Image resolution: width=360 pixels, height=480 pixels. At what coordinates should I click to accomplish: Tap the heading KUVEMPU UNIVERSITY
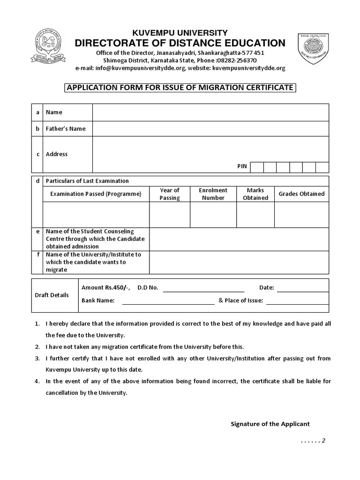[x=180, y=32]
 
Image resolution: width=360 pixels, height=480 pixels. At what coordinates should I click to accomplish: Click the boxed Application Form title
[x=180, y=87]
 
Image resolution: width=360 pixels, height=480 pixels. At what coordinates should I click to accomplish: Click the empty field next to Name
[x=210, y=112]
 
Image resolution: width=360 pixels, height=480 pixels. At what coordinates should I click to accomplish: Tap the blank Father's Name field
[x=210, y=128]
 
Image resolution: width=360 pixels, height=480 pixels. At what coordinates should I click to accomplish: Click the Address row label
[x=57, y=154]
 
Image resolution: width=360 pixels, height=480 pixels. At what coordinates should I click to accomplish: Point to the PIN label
[x=242, y=166]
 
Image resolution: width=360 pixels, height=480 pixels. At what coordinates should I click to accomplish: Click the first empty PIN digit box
[x=256, y=167]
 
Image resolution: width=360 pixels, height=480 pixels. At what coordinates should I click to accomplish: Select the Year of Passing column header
[x=169, y=194]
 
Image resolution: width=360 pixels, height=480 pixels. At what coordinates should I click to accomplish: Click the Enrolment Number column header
[x=213, y=194]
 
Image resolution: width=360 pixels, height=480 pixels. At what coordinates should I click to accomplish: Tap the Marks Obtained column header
[x=255, y=194]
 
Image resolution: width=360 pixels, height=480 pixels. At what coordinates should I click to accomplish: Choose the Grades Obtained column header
[x=301, y=194]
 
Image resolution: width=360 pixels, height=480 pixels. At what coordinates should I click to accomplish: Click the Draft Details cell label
[x=52, y=295]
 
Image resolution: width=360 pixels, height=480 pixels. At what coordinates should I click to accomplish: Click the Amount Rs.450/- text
[x=105, y=287]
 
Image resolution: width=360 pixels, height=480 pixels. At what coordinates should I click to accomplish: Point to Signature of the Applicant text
[x=270, y=424]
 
